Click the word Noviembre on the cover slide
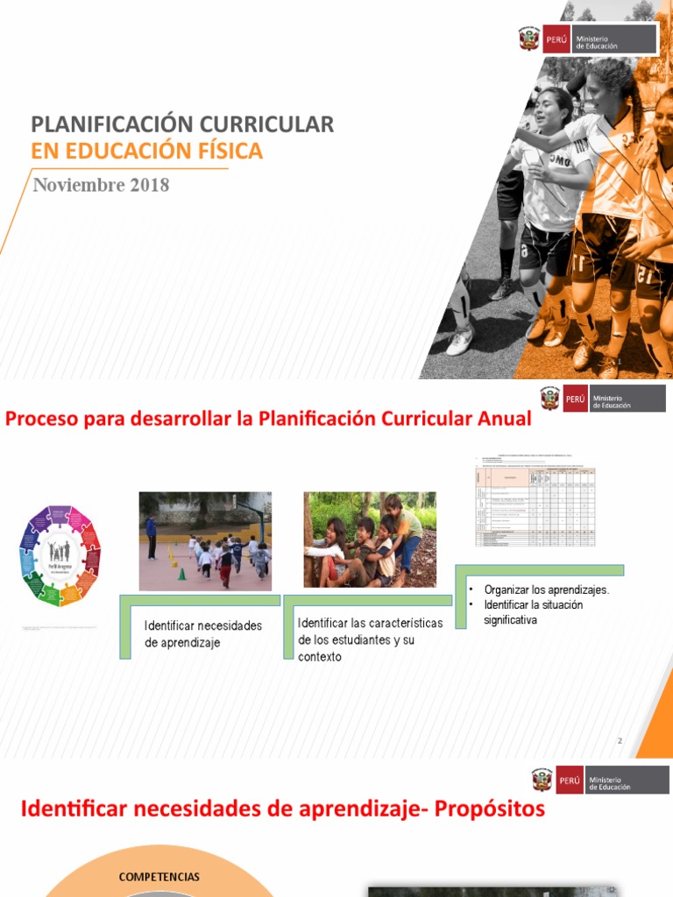point(77,186)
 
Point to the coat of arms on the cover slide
point(529,39)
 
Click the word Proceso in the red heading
point(40,419)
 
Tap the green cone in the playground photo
point(181,574)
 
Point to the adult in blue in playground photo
point(152,536)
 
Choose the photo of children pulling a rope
point(370,539)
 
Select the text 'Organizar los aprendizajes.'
point(546,590)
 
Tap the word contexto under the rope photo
point(320,657)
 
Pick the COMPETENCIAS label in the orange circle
point(159,877)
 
